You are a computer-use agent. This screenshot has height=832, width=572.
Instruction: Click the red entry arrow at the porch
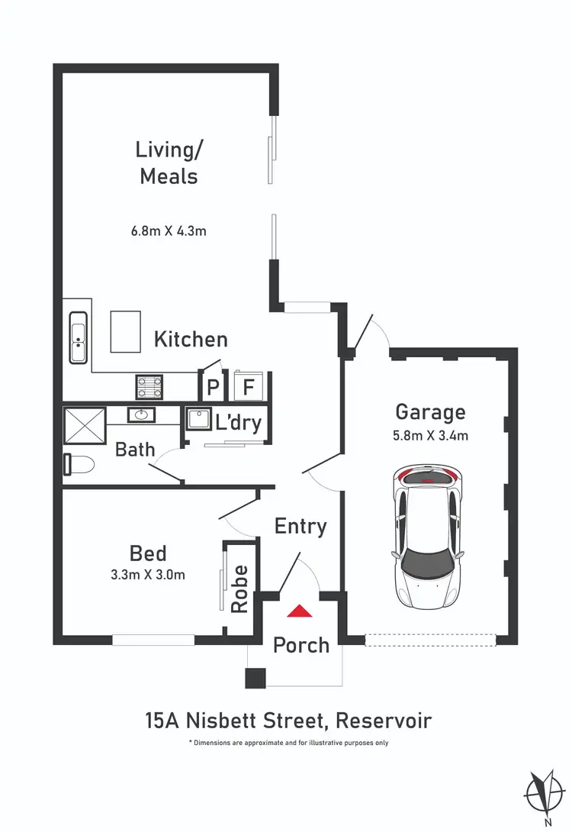[x=299, y=611]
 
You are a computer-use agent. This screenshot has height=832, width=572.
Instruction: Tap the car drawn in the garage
[x=427, y=537]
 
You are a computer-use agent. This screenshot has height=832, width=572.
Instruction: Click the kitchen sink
[x=78, y=338]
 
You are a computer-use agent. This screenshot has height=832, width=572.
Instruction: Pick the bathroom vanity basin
[x=140, y=414]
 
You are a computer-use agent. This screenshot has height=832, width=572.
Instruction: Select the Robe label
[x=240, y=589]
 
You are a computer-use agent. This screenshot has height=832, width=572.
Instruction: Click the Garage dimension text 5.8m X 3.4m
[x=431, y=437]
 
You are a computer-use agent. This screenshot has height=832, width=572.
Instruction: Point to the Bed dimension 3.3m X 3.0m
[x=148, y=575]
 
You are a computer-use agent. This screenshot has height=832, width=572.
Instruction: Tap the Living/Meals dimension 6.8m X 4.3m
[x=168, y=230]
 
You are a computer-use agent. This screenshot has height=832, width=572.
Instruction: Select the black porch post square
[x=255, y=678]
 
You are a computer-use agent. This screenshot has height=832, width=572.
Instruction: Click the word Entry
[x=300, y=526]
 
